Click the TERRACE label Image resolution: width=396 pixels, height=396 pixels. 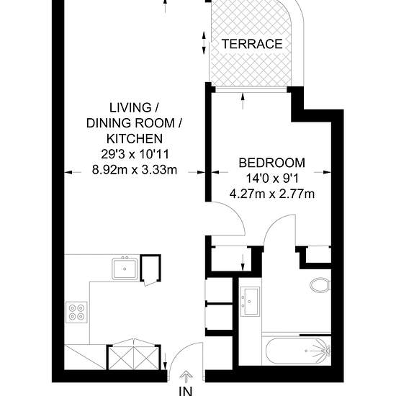[x=251, y=44]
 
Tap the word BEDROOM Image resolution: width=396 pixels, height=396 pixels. [x=271, y=163]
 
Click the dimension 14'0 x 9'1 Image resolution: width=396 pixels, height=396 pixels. [x=271, y=178]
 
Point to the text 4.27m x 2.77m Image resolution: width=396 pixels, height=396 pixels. [x=271, y=193]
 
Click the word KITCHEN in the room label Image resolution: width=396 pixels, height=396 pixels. [x=134, y=138]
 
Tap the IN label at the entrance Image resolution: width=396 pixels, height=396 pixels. [x=186, y=392]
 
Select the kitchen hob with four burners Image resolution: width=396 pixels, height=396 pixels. [x=76, y=312]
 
